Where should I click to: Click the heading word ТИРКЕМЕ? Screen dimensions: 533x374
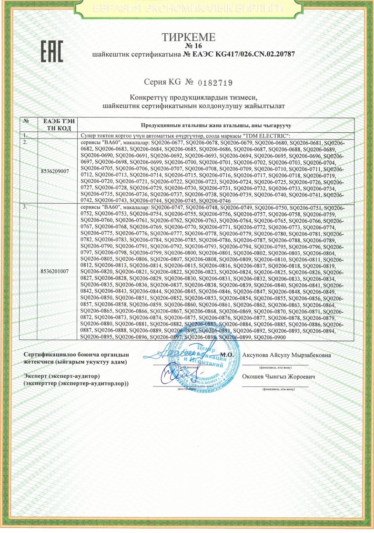pos(189,37)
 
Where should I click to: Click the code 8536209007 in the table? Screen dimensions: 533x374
pos(55,169)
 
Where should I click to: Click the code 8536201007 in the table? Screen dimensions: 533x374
pos(55,271)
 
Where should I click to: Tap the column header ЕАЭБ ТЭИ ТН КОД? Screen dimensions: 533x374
pos(55,125)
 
